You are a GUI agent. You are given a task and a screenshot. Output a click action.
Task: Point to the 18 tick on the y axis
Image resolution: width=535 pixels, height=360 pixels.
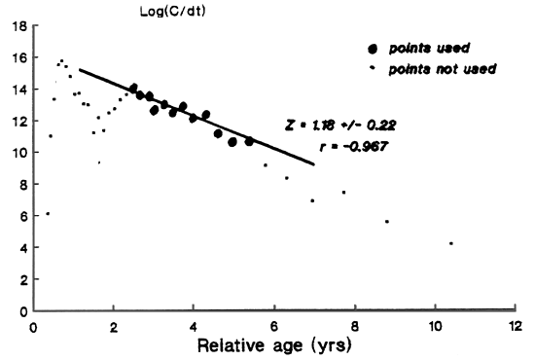pyautogui.click(x=18, y=27)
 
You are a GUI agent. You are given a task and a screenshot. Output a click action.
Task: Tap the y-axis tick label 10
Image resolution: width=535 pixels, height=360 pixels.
pyautogui.click(x=18, y=153)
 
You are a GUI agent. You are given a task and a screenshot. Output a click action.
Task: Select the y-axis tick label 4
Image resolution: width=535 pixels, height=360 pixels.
pyautogui.click(x=21, y=248)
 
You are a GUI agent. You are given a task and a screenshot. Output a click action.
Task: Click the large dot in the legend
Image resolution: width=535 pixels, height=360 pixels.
pyautogui.click(x=373, y=50)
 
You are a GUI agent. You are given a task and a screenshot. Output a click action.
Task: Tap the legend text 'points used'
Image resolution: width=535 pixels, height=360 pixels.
pyautogui.click(x=425, y=50)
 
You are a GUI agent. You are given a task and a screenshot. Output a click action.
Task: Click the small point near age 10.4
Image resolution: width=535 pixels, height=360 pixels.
pyautogui.click(x=451, y=243)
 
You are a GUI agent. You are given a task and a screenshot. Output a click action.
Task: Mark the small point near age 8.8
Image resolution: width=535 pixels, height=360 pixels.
pyautogui.click(x=387, y=222)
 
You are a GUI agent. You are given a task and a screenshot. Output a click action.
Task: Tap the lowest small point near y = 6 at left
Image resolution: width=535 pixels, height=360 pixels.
pyautogui.click(x=47, y=213)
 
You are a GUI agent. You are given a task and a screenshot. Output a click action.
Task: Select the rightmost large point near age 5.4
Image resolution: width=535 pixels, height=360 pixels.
pyautogui.click(x=249, y=141)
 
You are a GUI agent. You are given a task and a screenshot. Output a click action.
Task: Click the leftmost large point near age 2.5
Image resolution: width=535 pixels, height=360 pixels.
pyautogui.click(x=133, y=88)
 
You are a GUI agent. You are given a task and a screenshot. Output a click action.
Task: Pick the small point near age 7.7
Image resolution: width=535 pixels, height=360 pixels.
pyautogui.click(x=343, y=193)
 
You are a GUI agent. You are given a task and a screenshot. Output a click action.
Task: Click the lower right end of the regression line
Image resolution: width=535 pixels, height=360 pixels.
pyautogui.click(x=314, y=163)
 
